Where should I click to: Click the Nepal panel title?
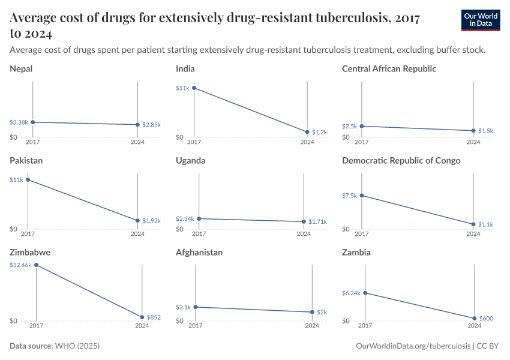21,68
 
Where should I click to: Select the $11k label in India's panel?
182,88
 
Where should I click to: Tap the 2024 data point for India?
307,132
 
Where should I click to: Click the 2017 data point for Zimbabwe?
36,265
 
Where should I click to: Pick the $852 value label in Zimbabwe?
154,317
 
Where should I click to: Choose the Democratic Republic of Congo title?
401,160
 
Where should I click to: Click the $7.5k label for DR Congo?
349,196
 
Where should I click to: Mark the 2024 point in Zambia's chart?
474,318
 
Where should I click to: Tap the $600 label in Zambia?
486,319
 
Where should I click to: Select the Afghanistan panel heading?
199,252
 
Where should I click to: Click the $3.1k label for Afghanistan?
183,307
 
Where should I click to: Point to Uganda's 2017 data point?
199,219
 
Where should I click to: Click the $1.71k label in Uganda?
317,222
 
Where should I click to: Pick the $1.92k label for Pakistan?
151,221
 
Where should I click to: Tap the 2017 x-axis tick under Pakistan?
28,235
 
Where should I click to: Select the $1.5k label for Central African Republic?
486,131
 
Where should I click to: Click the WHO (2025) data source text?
77,346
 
